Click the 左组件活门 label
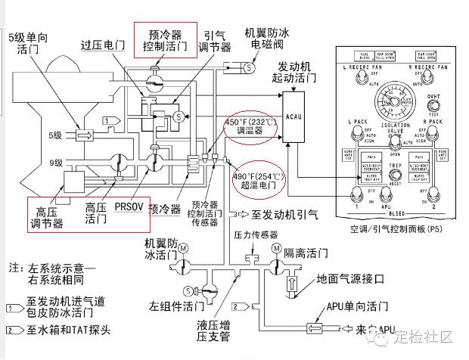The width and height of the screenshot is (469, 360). (176, 306)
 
